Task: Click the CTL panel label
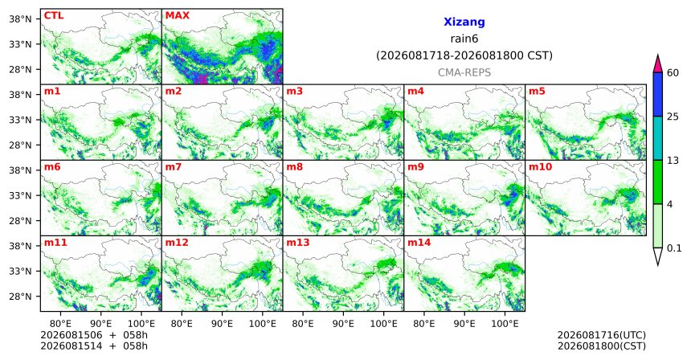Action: [x=54, y=15]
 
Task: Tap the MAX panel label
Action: [x=177, y=15]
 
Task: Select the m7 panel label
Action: [x=173, y=167]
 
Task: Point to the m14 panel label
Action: [x=419, y=243]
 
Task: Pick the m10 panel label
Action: [x=540, y=167]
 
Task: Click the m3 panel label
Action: [x=294, y=92]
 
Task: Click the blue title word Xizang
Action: [x=464, y=22]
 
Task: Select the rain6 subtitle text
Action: [x=464, y=39]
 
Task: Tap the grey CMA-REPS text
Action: [x=464, y=72]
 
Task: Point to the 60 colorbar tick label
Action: [x=673, y=72]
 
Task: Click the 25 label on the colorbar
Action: [x=673, y=117]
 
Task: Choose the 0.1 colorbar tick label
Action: [x=674, y=248]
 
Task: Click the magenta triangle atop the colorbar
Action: [x=657, y=65]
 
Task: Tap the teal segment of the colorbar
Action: [x=657, y=138]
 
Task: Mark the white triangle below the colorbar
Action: [x=657, y=255]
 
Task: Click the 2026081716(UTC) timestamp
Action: [x=602, y=336]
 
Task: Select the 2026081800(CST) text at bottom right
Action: [x=602, y=346]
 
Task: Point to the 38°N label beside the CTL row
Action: [x=20, y=19]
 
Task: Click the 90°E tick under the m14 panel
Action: [x=464, y=324]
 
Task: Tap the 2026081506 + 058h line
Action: [x=94, y=335]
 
